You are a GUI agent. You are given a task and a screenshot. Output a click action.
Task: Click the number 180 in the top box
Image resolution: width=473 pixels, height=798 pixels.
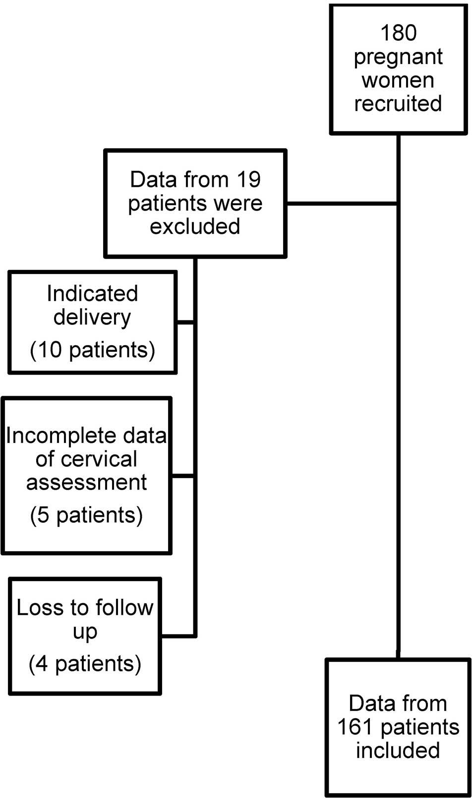point(398,33)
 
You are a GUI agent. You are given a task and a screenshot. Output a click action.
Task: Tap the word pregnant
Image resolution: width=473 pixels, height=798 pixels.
point(398,57)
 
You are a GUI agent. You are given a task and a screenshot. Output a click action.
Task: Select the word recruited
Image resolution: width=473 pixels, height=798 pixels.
point(398,104)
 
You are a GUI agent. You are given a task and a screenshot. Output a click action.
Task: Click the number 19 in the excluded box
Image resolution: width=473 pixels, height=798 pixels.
point(248,179)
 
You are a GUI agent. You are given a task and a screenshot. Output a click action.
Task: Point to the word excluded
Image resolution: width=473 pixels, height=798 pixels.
point(195,226)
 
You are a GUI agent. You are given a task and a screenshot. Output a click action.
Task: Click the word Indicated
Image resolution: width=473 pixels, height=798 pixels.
point(92,293)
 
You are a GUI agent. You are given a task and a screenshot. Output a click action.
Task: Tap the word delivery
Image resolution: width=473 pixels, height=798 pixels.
point(92,317)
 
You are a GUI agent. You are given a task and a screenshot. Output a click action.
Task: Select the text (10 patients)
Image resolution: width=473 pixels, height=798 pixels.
point(92,350)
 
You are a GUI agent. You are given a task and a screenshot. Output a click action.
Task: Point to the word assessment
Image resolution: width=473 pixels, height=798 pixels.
point(86,482)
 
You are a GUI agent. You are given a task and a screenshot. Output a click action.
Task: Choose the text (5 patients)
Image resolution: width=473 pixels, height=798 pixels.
point(86,515)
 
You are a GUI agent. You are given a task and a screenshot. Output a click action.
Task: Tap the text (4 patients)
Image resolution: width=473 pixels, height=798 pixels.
point(85,663)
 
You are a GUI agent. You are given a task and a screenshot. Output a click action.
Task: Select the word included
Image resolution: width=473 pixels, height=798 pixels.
point(398,750)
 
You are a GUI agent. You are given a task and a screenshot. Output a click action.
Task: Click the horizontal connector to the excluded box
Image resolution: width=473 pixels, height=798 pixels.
point(342,203)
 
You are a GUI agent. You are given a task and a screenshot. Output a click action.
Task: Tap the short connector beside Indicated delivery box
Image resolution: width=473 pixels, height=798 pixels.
point(185,322)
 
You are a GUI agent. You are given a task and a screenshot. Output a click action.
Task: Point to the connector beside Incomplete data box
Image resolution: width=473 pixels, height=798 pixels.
point(182,476)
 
